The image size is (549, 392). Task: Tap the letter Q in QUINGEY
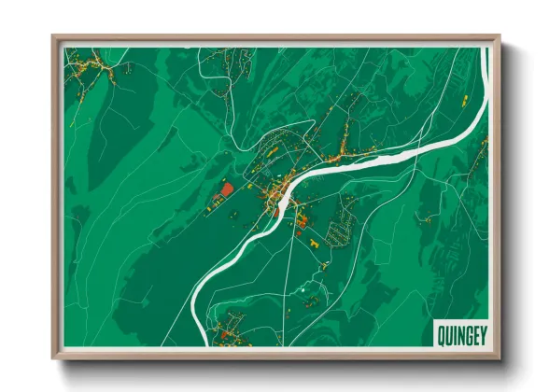click(x=440, y=332)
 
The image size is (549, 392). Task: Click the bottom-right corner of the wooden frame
click(x=500, y=357)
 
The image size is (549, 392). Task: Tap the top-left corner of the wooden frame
click(x=53, y=37)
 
